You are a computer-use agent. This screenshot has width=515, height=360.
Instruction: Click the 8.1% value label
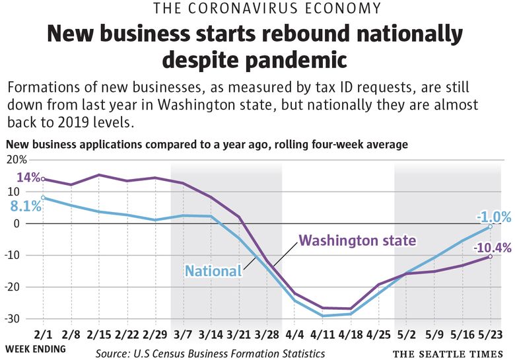(x=26, y=206)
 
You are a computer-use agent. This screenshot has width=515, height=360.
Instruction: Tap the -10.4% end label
(x=491, y=248)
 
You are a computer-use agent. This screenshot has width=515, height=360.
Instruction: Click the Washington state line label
(x=357, y=240)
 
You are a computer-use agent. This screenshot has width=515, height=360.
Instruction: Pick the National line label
(x=213, y=270)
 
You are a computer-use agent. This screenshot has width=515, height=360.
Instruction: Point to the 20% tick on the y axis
(x=18, y=159)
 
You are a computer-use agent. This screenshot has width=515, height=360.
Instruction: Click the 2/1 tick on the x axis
(x=43, y=335)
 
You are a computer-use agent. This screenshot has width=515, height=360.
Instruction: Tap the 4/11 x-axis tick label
(x=323, y=335)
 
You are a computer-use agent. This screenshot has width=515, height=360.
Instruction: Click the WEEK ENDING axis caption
(x=36, y=348)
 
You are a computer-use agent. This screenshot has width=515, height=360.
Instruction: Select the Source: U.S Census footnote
(x=210, y=353)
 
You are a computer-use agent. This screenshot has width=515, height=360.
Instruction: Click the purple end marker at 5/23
(x=490, y=256)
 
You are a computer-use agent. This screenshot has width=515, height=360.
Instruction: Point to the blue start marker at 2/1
(x=43, y=198)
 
